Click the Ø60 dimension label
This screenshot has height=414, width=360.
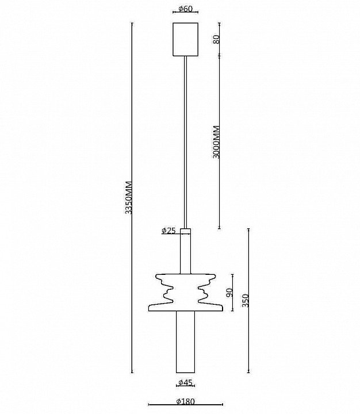pos(185,9)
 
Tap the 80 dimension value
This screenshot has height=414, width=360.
pos(216,40)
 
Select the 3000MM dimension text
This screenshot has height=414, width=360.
pos(216,142)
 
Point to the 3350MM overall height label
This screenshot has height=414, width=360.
pos(129,197)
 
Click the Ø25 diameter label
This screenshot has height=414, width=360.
pos(168,231)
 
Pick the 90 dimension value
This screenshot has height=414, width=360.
pos(229,292)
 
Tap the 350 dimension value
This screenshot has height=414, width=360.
pos(246,301)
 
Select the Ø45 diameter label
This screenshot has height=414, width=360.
pos(185,382)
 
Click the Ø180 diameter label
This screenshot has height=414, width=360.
pos(185,401)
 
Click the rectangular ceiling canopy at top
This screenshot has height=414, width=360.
pos(185,39)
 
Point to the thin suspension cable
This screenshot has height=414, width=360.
pos(185,142)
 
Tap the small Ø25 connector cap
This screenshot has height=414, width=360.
pos(185,231)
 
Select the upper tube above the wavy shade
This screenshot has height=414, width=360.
pos(185,254)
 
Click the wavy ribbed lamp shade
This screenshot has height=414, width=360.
pos(185,293)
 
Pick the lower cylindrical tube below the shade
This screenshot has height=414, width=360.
pos(185,342)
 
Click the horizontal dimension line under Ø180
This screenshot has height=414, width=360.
pos(185,404)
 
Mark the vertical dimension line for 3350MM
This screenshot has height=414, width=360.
pos(132,198)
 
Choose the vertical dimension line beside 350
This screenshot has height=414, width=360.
pos(248,301)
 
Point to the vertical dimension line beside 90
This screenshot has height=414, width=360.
pos(232,293)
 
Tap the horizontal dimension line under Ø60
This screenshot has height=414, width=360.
pos(185,12)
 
